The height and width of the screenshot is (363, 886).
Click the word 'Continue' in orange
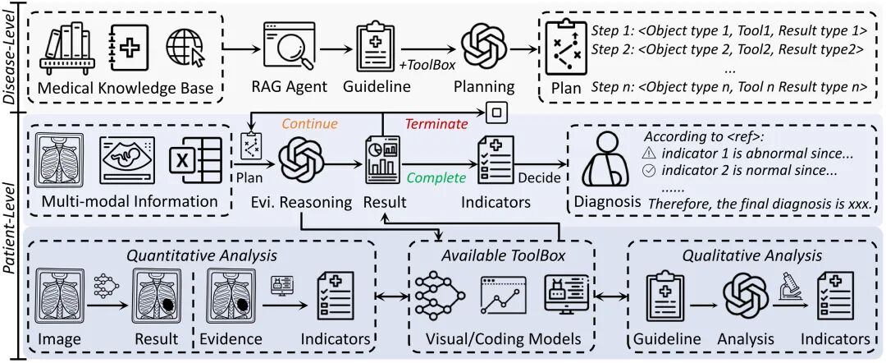[x=309, y=123]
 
